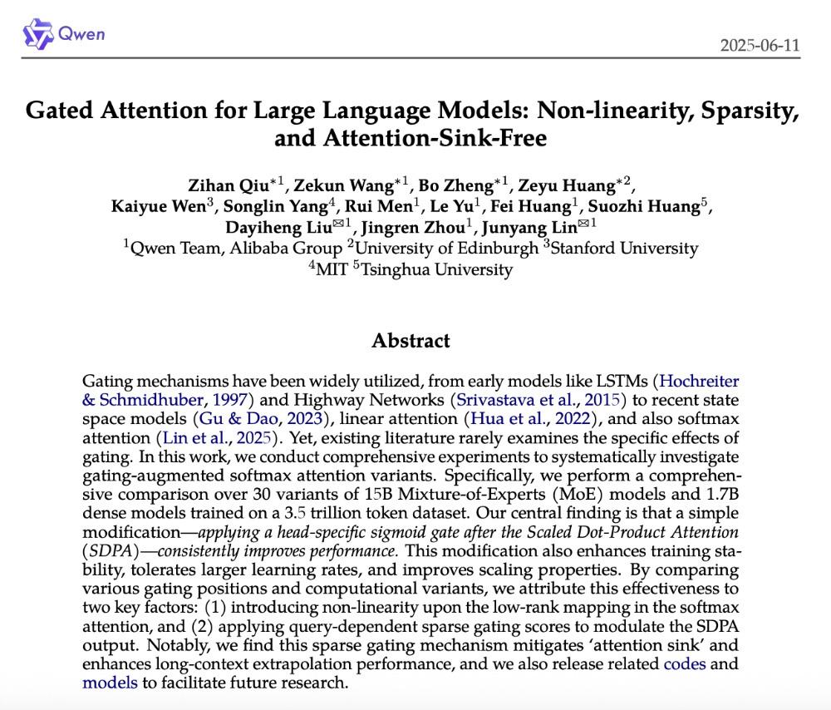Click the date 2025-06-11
pyautogui.click(x=760, y=44)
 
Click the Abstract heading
pyautogui.click(x=411, y=341)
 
